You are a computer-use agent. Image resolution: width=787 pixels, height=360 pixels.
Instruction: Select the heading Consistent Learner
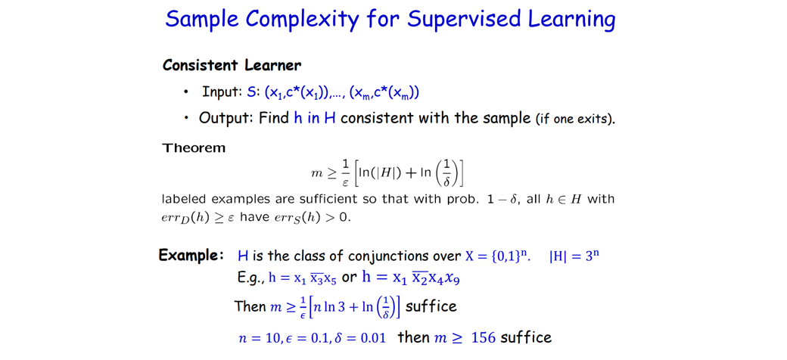point(232,65)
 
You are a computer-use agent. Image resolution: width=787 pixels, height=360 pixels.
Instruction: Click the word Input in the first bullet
point(222,92)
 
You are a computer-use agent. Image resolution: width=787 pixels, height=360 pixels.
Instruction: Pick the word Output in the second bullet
point(224,118)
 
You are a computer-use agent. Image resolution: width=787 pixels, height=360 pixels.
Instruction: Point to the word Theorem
point(194,147)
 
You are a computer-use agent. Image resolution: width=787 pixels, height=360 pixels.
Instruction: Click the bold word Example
point(191,256)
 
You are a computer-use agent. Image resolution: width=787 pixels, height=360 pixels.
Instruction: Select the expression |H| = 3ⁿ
point(574,256)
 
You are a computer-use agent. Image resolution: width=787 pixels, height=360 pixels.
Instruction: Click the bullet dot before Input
point(186,93)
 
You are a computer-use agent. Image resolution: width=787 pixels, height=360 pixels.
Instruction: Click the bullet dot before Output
point(186,119)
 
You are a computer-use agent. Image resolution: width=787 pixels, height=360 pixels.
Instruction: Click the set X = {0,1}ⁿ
point(498,256)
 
